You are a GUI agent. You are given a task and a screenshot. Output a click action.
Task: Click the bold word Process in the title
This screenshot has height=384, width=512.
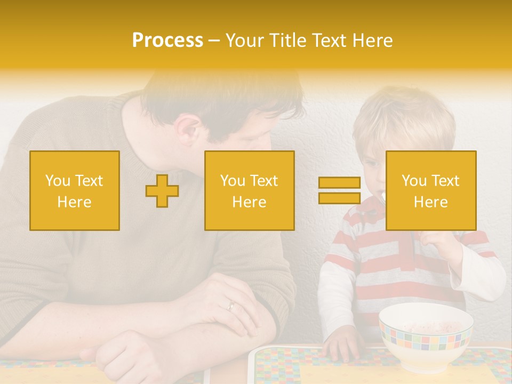[x=167, y=41]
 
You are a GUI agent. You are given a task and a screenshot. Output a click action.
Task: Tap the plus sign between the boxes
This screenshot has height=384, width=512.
[x=162, y=190]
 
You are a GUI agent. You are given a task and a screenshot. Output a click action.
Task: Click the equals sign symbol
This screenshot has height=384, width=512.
[x=339, y=190]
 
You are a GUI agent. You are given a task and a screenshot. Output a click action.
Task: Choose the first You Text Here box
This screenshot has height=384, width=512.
[x=75, y=190]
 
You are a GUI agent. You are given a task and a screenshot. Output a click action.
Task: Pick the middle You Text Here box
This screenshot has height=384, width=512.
[x=249, y=190]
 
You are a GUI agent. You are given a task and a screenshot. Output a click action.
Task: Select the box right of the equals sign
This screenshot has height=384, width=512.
[x=430, y=190]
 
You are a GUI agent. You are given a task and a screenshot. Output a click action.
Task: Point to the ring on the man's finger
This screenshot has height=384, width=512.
[x=231, y=306]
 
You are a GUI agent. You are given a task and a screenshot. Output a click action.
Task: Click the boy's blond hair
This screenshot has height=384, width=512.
[x=405, y=115]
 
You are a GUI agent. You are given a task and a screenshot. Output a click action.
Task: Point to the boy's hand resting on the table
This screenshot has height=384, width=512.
[x=340, y=345]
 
